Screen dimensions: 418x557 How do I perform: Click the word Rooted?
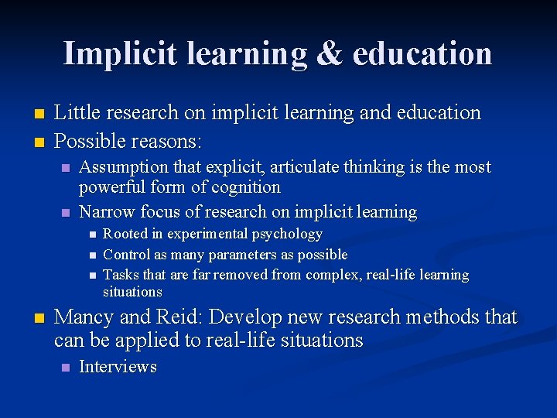pos(125,234)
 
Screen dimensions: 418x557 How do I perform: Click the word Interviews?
pos(118,367)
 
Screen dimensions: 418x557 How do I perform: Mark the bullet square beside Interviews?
pos(65,367)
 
